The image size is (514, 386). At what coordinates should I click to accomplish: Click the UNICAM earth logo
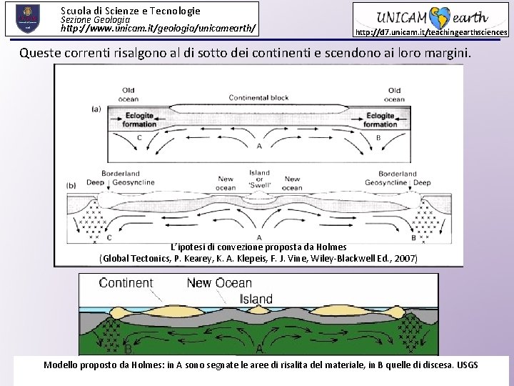click(430, 17)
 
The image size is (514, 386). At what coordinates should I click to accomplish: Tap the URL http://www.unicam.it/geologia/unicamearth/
click(158, 30)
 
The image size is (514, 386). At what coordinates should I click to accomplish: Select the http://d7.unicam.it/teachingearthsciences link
click(431, 32)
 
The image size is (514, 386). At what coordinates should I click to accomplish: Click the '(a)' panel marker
click(96, 109)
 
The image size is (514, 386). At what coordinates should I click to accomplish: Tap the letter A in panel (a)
click(258, 146)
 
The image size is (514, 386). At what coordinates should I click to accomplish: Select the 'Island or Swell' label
click(259, 178)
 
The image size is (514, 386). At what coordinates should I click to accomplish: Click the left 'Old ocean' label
click(129, 94)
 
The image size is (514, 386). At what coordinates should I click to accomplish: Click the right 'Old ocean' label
click(394, 94)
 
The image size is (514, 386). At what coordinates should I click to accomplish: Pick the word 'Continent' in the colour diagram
click(126, 283)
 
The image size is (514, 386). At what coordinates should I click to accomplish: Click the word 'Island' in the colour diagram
click(256, 299)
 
